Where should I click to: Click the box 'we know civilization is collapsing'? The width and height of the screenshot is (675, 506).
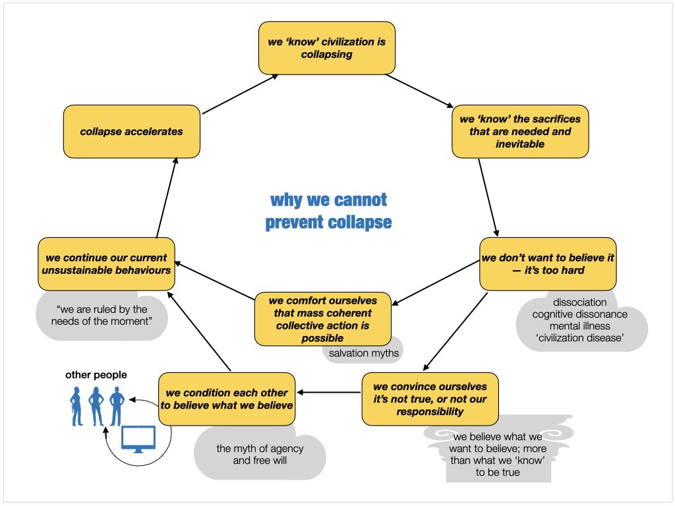pos(327,47)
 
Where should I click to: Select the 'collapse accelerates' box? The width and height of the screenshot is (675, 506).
pos(131,131)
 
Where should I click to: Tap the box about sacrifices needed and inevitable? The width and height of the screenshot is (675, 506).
pos(520,131)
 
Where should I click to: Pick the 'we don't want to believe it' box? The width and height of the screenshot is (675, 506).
pos(548,264)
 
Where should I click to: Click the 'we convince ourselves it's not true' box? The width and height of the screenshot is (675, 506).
pos(430,399)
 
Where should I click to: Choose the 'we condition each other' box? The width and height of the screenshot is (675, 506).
pos(227,399)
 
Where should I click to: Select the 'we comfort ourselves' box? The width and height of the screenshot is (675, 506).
pos(323,319)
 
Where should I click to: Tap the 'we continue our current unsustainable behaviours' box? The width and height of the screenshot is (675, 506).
pos(106,264)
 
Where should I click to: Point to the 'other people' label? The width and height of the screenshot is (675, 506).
pos(96,375)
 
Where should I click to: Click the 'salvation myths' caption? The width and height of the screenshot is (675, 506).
pos(364,353)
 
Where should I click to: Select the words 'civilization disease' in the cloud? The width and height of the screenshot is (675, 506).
pos(580,338)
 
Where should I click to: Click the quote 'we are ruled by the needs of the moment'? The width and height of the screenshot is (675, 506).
pos(102,316)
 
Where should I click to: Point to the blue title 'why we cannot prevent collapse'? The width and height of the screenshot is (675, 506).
pos(328,211)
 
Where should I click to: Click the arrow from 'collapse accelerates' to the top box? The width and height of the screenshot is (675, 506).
pos(240,94)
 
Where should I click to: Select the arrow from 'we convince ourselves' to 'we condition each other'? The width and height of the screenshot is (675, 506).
pos(328,393)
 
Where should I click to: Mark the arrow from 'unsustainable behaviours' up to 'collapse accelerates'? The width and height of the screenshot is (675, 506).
pos(167,198)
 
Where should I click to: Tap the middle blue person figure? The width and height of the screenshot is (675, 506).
pos(96,406)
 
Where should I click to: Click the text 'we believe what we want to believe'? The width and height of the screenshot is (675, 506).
pos(498,442)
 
